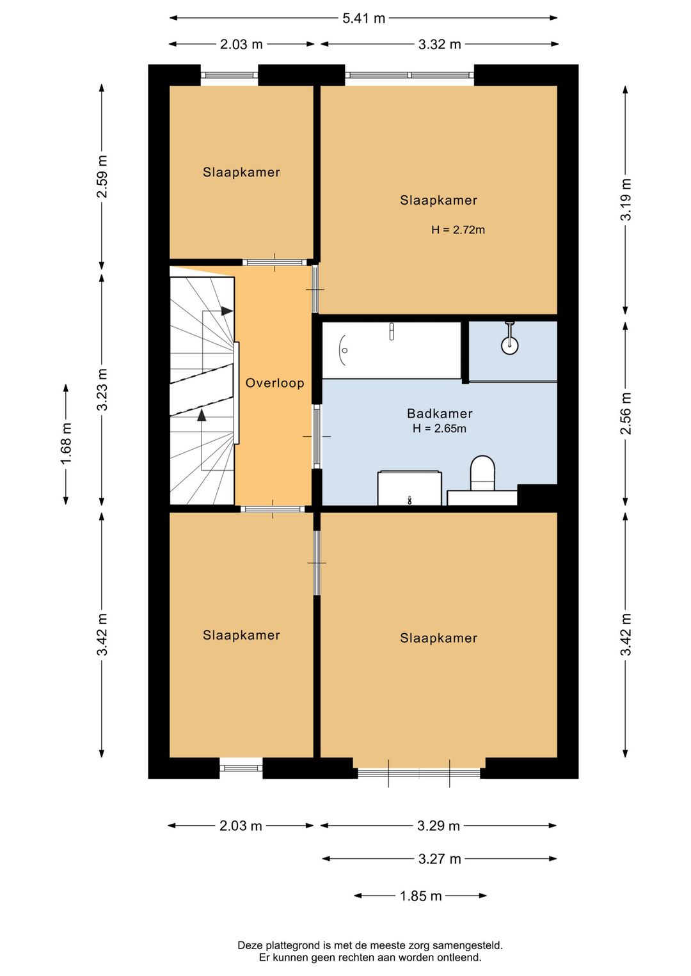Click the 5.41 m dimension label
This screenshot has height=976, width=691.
point(363,19)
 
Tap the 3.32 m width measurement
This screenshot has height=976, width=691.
point(440,44)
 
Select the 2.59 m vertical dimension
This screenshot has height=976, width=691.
point(102,177)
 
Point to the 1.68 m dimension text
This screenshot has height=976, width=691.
point(66,444)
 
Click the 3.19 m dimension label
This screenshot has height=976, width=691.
point(626,200)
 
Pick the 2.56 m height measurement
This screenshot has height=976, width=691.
point(626,413)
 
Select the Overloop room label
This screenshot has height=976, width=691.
point(274,383)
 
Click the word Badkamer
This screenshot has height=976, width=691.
point(440,413)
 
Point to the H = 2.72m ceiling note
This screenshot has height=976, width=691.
point(457,230)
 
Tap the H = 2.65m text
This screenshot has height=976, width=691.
point(440,429)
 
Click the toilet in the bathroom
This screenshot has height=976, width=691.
point(482,474)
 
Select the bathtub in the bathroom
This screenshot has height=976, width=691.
point(392,350)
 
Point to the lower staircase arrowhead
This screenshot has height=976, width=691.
point(202,415)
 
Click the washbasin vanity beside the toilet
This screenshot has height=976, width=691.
point(409,488)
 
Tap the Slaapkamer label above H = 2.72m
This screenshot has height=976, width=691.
point(438,200)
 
